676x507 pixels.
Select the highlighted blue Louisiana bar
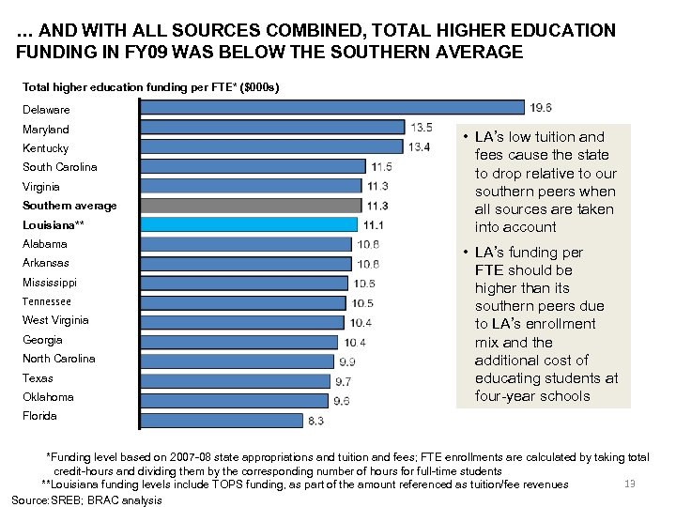pyautogui.click(x=249, y=224)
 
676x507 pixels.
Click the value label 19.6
pyautogui.click(x=542, y=107)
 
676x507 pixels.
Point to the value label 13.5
pyautogui.click(x=422, y=127)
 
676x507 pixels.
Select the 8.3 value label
pyautogui.click(x=317, y=421)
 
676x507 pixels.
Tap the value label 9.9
pyautogui.click(x=346, y=361)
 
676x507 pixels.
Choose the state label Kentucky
pyautogui.click(x=45, y=148)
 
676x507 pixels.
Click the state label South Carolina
pyautogui.click(x=60, y=167)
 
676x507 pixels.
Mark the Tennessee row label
pyautogui.click(x=47, y=301)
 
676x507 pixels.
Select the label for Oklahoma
pyautogui.click(x=48, y=397)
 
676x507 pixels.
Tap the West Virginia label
pyautogui.click(x=55, y=320)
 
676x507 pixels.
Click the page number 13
pyautogui.click(x=630, y=484)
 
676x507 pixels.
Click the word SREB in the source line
pyautogui.click(x=72, y=500)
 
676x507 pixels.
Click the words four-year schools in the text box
pyautogui.click(x=531, y=395)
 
